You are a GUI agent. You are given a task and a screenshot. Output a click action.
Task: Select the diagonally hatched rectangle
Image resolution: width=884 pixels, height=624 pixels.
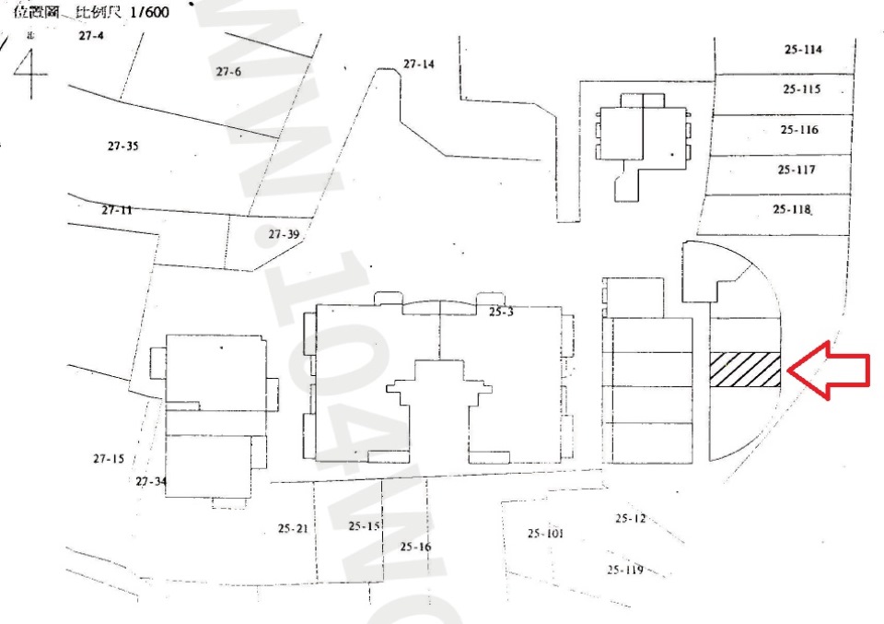click(x=745, y=370)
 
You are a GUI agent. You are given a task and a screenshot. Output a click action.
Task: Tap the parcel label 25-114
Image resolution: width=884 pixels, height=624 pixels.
click(x=803, y=50)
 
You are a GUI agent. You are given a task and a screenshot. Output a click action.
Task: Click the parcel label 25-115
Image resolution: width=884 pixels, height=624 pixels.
click(x=801, y=89)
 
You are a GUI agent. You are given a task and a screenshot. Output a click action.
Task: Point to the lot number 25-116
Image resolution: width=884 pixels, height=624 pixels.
click(x=798, y=130)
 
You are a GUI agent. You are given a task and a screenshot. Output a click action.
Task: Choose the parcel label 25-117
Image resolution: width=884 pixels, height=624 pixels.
click(x=796, y=170)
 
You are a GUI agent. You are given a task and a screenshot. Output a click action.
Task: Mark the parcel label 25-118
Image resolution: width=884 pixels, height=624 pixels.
click(x=792, y=209)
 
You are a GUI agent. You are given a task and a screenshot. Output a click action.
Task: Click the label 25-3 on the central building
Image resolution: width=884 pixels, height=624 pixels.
click(x=500, y=312)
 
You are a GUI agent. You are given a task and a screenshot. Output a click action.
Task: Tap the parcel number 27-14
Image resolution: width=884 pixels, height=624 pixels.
click(x=418, y=64)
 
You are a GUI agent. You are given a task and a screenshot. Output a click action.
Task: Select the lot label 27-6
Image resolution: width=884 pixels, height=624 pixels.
click(x=228, y=71)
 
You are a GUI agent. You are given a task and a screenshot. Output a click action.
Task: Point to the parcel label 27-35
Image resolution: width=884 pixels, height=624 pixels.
click(x=122, y=147)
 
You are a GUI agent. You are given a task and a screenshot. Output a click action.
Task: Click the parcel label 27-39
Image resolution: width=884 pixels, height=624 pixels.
click(x=284, y=234)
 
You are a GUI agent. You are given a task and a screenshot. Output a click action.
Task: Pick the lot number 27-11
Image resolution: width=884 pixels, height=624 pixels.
click(x=117, y=210)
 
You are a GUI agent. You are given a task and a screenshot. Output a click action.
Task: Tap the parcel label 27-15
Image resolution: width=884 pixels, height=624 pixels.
click(x=108, y=458)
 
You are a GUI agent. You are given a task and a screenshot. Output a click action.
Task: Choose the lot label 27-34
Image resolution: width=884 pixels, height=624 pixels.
click(x=151, y=481)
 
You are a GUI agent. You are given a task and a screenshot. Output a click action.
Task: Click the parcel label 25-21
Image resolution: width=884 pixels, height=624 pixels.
click(x=293, y=528)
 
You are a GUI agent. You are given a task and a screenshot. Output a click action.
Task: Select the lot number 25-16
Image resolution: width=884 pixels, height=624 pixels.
click(x=415, y=547)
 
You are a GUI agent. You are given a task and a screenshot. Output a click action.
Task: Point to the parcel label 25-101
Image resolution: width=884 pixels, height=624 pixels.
click(x=545, y=533)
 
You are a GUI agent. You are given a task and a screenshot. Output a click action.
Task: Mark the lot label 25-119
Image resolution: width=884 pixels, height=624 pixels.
click(x=624, y=570)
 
